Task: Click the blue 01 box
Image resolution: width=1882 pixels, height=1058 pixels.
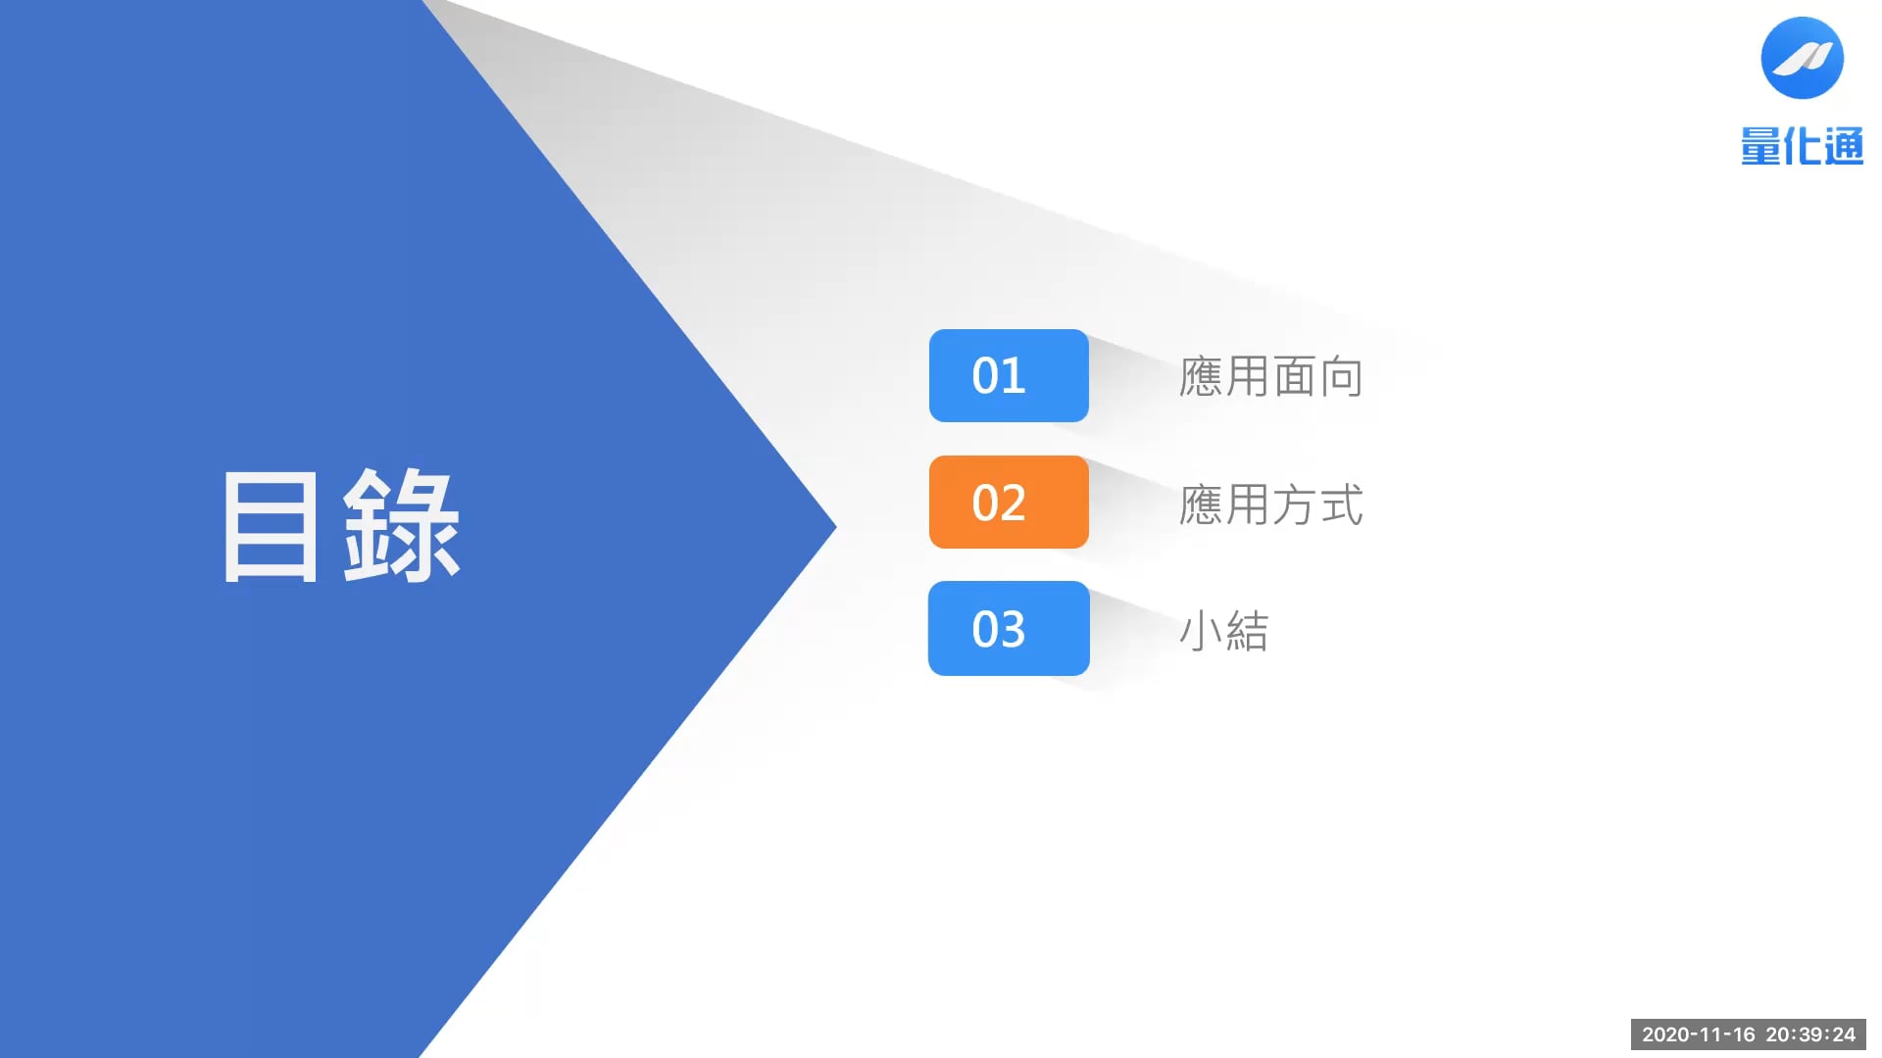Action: (1009, 376)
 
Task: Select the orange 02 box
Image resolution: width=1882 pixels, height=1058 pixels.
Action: (1009, 502)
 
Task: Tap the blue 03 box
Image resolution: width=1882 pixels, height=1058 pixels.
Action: (1009, 628)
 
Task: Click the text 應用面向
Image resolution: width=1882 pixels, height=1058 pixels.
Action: (1271, 377)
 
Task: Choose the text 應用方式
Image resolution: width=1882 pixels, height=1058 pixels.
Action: (1271, 505)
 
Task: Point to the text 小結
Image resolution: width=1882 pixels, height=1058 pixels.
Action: (1224, 631)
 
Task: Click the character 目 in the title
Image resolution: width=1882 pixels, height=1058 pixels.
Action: (271, 527)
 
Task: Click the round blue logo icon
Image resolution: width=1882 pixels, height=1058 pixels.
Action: (1802, 58)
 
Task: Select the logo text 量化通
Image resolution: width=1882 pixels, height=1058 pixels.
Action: (1802, 147)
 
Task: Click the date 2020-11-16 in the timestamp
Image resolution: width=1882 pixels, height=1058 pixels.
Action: (1699, 1034)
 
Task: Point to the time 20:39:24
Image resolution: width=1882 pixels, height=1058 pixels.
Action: (1810, 1034)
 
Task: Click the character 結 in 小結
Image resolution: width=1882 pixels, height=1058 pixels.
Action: (1247, 631)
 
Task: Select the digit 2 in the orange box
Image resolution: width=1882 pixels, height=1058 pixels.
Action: (1013, 503)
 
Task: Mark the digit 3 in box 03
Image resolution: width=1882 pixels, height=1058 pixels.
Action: (1013, 629)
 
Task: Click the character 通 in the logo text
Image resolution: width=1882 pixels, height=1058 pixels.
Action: (1845, 147)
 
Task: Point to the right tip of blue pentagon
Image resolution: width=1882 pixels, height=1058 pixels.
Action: (836, 527)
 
